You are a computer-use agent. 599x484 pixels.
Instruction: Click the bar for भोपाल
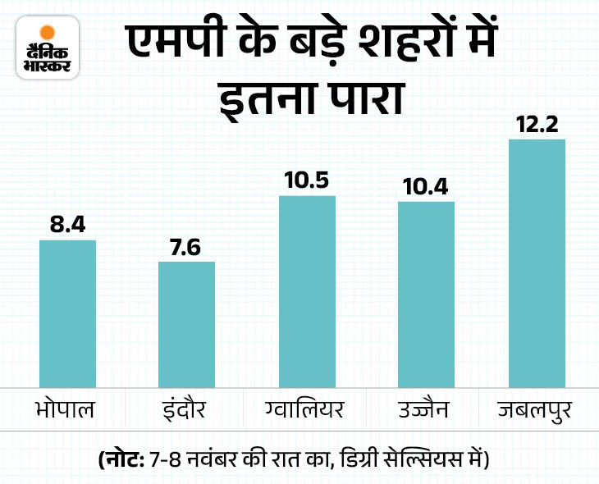pyautogui.click(x=67, y=313)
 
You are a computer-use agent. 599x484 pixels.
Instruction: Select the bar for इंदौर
pyautogui.click(x=186, y=323)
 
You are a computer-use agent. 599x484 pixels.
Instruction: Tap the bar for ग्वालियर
pyautogui.click(x=307, y=290)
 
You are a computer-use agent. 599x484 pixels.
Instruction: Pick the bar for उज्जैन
pyautogui.click(x=426, y=293)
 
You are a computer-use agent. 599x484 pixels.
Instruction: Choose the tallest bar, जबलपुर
pyautogui.click(x=537, y=263)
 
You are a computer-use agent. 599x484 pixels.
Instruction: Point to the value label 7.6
pyautogui.click(x=186, y=246)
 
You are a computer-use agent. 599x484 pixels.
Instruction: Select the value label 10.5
pyautogui.click(x=307, y=180)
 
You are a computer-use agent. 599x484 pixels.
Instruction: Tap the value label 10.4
pyautogui.click(x=426, y=186)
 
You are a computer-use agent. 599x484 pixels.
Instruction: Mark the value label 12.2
pyautogui.click(x=537, y=124)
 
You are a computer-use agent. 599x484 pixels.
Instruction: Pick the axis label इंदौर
pyautogui.click(x=186, y=409)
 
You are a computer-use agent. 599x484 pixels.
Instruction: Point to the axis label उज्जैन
pyautogui.click(x=426, y=409)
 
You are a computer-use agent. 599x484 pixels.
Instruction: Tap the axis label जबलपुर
pyautogui.click(x=537, y=409)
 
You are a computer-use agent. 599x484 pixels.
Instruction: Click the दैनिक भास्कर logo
pyautogui.click(x=46, y=47)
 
